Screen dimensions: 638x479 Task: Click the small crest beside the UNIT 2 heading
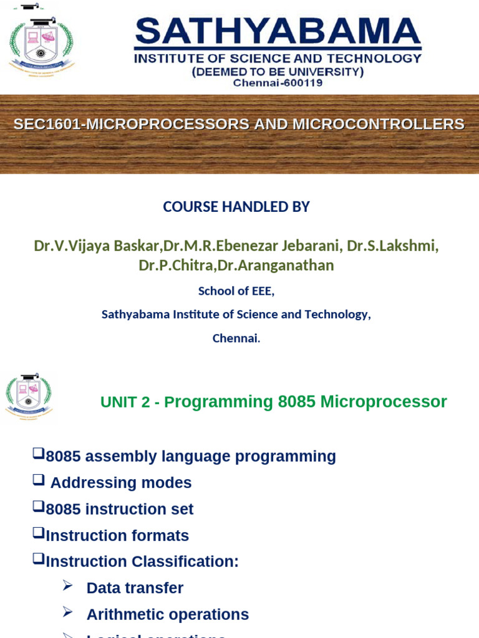pos(29,396)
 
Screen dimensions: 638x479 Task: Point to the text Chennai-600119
pos(278,83)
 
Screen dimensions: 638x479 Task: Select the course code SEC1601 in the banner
pos(47,124)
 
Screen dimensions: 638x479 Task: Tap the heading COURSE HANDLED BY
pos(236,207)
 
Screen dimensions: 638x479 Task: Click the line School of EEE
pos(236,291)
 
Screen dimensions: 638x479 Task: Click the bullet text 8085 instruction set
pos(120,509)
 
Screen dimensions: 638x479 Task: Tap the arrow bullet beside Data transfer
pos(67,586)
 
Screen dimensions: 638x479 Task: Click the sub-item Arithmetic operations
pos(167,614)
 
